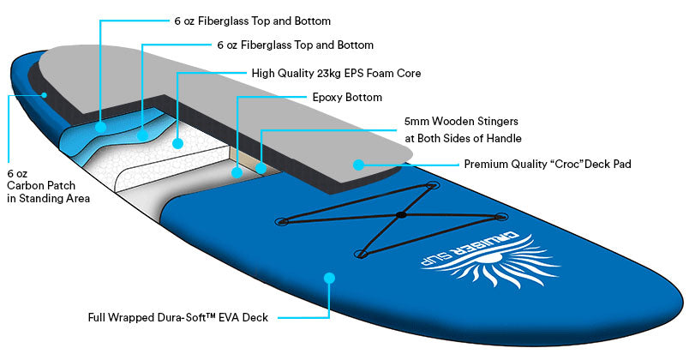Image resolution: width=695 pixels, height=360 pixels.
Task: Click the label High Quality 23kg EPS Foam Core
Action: [x=336, y=74]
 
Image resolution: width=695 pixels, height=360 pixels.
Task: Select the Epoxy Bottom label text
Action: [x=347, y=98]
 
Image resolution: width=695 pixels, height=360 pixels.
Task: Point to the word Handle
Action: [x=503, y=138]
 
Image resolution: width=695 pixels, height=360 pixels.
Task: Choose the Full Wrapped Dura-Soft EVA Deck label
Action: [x=178, y=318]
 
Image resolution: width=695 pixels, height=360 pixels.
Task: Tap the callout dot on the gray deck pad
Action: [x=358, y=163]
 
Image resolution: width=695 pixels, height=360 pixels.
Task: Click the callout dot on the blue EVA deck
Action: [x=328, y=278]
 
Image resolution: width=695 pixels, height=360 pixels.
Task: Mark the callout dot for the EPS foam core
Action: [x=178, y=143]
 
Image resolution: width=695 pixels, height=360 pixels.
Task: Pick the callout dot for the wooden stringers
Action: [x=261, y=168]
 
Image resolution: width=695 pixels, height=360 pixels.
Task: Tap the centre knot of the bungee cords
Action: [x=400, y=214]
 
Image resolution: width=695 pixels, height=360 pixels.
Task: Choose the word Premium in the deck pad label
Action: [x=485, y=164]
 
